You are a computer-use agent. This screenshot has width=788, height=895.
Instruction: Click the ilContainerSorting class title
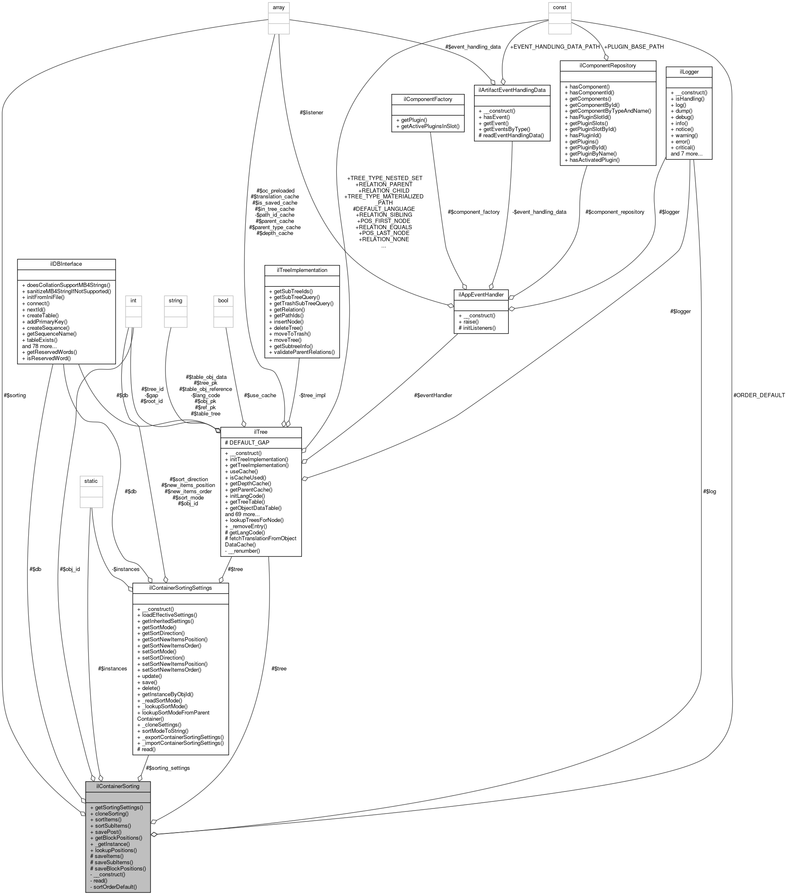[118, 786]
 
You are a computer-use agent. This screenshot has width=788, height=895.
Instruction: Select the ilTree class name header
[260, 432]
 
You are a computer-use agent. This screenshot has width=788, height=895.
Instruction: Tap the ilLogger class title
[689, 72]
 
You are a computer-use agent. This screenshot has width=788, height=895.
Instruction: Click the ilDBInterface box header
[66, 264]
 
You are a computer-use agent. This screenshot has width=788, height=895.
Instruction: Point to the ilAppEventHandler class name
[480, 295]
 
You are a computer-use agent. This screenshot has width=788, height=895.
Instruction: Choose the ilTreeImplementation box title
[301, 270]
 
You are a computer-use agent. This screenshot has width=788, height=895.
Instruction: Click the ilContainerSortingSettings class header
[180, 588]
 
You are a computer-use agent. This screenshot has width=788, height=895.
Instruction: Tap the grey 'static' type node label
[91, 481]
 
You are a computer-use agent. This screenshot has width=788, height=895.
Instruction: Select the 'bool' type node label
[223, 300]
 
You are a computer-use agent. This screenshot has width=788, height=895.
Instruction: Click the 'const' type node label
[559, 7]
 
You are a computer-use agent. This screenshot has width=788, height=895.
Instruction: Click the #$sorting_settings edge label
[168, 768]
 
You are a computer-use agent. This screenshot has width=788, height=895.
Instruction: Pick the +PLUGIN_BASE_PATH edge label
[633, 47]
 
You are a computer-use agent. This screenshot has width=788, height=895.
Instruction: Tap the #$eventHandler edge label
[432, 395]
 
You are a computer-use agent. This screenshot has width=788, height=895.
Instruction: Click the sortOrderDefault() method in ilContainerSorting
[115, 887]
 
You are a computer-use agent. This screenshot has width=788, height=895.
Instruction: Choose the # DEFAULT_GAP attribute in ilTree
[247, 442]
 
